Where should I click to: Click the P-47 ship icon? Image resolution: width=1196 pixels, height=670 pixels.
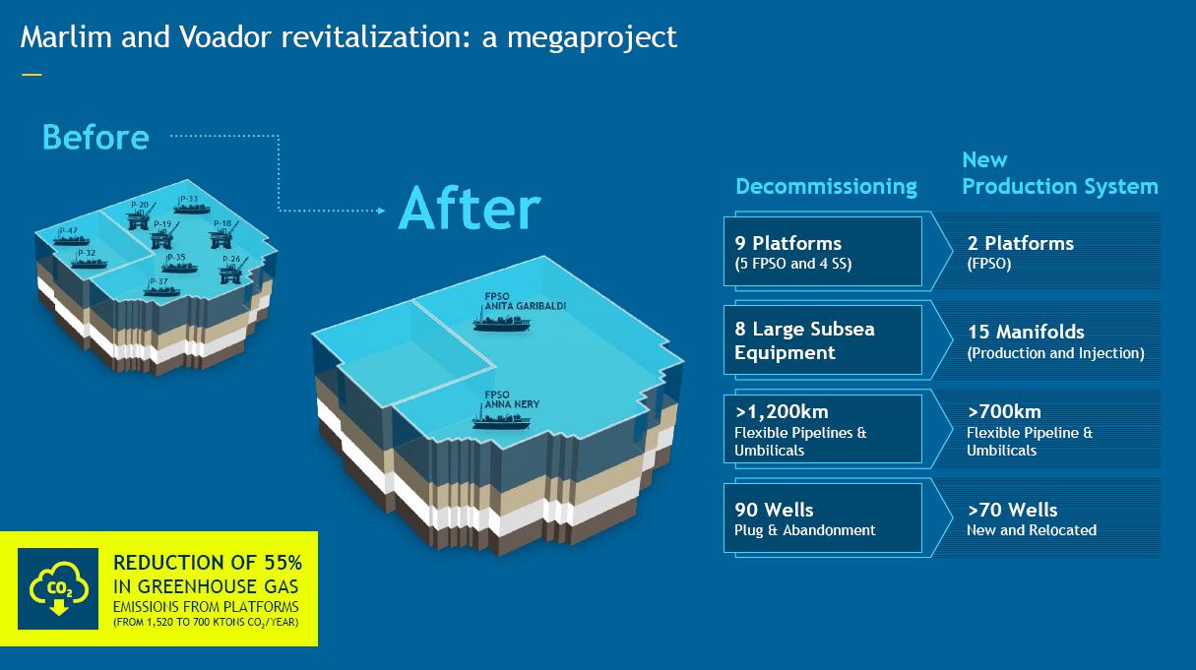click(x=72, y=239)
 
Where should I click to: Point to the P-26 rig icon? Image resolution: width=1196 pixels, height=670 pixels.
click(x=230, y=273)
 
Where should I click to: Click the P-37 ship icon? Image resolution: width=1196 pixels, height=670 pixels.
click(x=156, y=289)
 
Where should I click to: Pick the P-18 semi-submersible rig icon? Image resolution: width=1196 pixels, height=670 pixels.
click(x=222, y=236)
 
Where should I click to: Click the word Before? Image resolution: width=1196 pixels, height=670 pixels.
click(x=95, y=137)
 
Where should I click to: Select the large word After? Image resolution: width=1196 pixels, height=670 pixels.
click(x=470, y=208)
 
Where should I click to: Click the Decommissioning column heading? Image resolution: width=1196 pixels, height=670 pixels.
click(x=826, y=186)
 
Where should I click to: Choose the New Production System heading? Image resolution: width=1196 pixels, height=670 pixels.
click(x=1059, y=173)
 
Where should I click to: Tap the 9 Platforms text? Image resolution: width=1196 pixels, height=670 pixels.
click(x=787, y=242)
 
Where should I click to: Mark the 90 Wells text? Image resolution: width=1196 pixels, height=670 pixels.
click(x=774, y=510)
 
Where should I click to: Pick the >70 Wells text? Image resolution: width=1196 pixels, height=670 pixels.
click(x=1012, y=510)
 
